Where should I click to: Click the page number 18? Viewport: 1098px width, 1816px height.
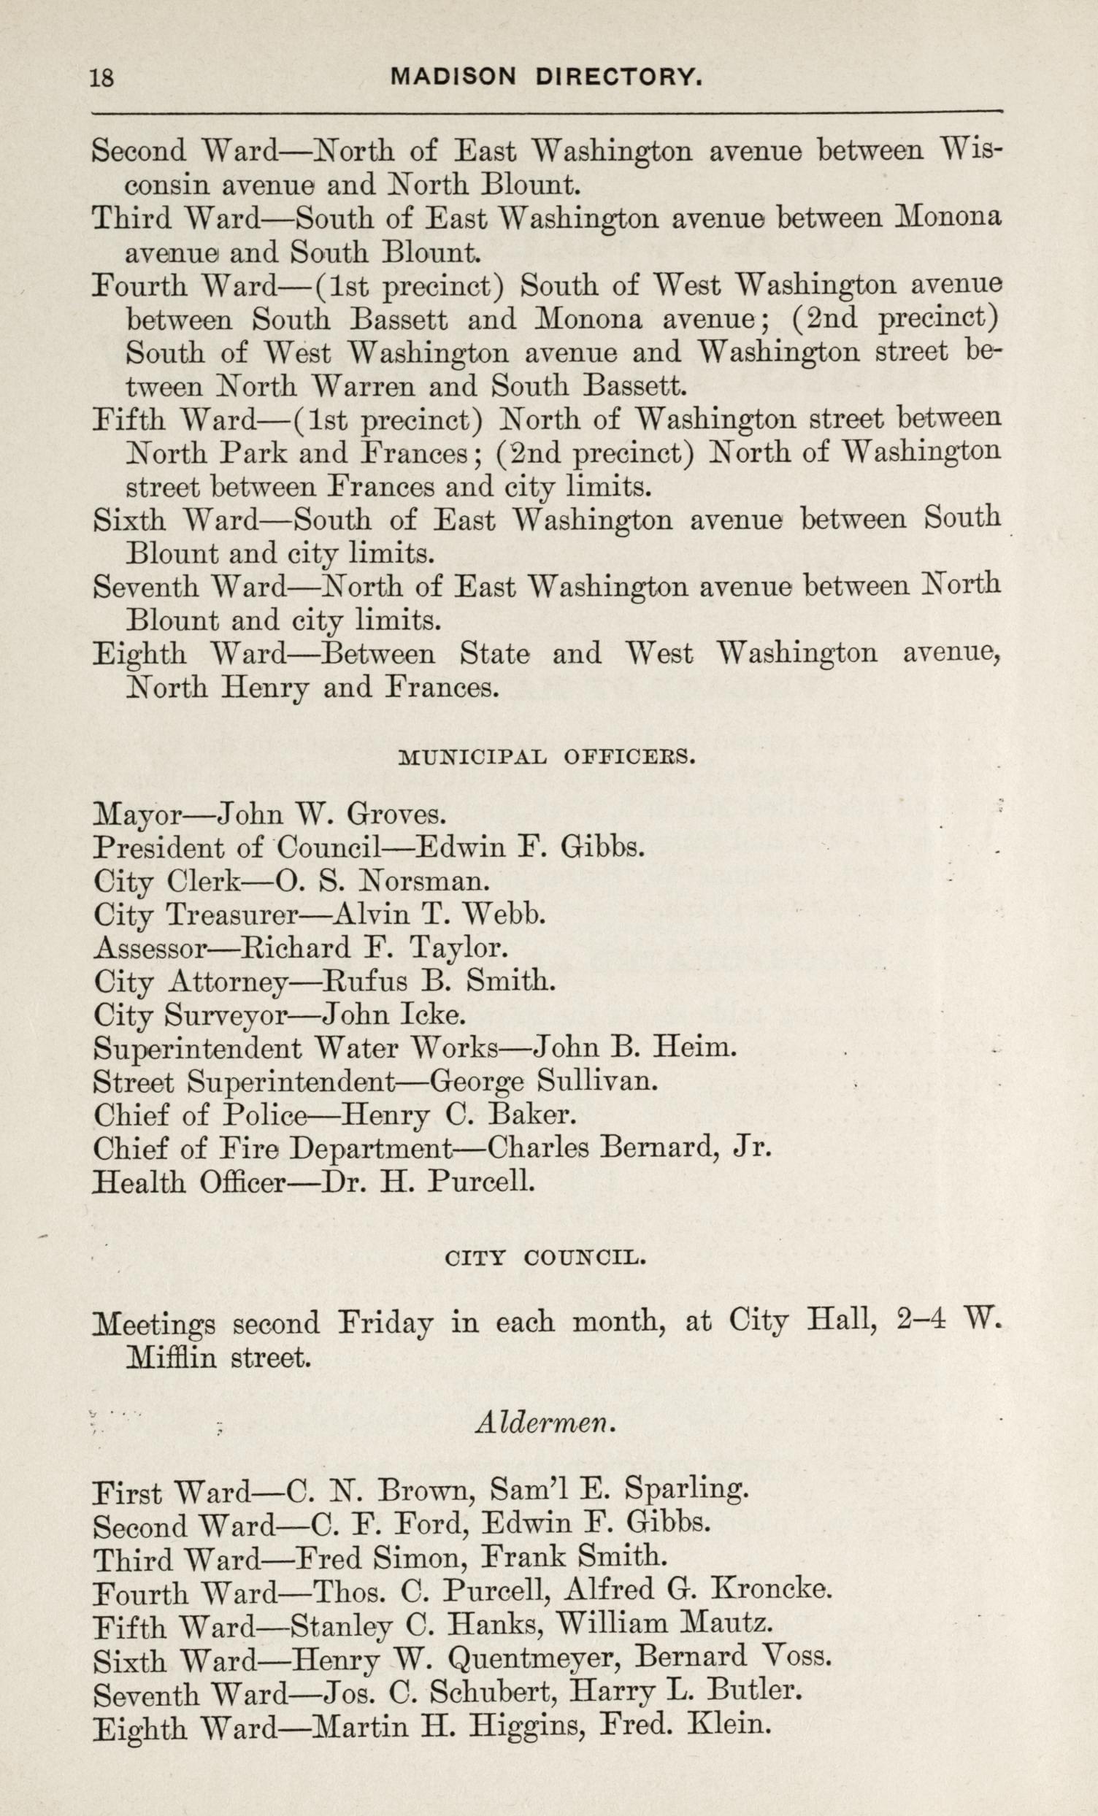[x=101, y=77]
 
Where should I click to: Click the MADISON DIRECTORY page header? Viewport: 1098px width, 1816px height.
[x=545, y=77]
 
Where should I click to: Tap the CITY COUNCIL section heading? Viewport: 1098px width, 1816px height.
[x=546, y=1258]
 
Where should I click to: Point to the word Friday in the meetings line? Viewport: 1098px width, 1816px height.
[x=384, y=1323]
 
